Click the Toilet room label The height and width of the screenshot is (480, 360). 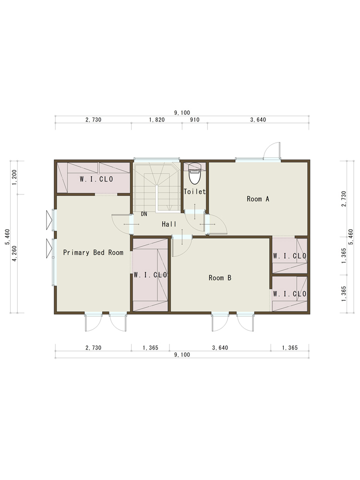point(194,192)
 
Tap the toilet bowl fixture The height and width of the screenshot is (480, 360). point(194,173)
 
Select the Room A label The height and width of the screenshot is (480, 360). point(258,199)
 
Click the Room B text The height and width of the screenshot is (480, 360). point(220,278)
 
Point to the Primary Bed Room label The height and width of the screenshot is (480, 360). point(94,252)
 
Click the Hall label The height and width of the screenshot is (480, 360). point(169,224)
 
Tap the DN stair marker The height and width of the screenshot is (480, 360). point(144,214)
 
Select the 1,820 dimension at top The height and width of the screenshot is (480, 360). point(157,120)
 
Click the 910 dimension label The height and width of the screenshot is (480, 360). point(195,120)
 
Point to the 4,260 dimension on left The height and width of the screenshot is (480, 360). point(14,253)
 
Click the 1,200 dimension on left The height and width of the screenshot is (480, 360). point(14,178)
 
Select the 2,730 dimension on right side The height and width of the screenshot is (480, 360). point(344,199)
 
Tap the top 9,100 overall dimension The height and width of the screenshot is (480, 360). point(182,113)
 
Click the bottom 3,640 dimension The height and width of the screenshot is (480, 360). point(220,348)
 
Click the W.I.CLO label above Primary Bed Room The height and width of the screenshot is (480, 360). point(96,179)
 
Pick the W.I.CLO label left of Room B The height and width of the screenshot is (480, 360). point(150,275)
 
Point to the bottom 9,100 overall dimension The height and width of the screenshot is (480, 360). point(182,355)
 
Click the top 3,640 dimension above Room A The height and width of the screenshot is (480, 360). point(258,120)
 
